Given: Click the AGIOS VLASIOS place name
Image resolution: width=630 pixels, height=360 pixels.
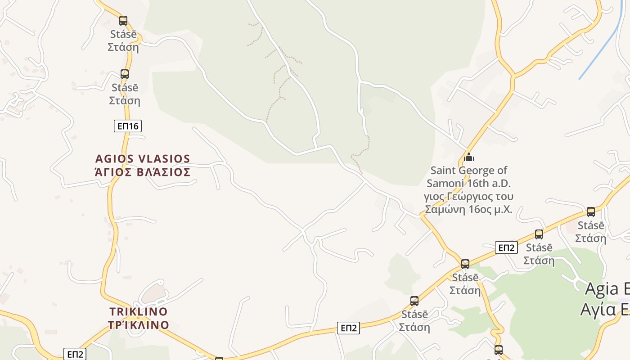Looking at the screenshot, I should [143, 159].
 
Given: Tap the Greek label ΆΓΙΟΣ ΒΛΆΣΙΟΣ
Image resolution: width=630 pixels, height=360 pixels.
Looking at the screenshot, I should [143, 172].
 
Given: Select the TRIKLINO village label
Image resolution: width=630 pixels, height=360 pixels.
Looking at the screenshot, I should [139, 311].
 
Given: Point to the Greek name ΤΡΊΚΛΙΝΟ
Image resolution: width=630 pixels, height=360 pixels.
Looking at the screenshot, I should [139, 325].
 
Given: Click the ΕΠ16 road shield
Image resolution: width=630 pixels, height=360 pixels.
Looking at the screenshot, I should [128, 126].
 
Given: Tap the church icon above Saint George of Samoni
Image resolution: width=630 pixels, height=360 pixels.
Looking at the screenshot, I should [469, 157].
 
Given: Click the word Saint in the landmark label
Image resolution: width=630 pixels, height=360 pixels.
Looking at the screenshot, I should [444, 171].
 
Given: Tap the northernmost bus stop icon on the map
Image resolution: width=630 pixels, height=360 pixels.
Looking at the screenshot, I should [123, 20].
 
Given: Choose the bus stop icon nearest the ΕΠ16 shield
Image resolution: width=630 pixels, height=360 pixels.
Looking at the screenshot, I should [125, 74].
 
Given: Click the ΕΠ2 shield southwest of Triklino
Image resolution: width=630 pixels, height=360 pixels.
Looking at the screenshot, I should [75, 354].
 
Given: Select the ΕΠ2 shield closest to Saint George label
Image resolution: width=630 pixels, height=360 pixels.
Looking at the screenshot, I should [506, 247].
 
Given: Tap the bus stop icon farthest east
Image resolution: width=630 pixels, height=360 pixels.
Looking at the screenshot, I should [591, 211].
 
